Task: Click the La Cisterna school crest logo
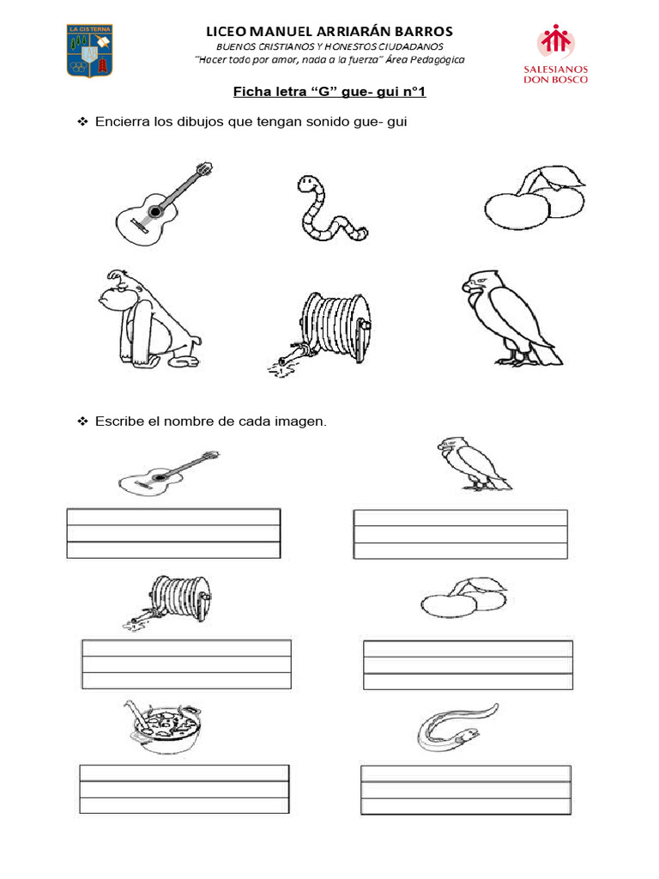[89, 51]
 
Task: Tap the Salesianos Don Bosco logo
[555, 54]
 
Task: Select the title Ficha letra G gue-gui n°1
[329, 91]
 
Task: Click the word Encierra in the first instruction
[122, 122]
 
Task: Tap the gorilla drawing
[150, 318]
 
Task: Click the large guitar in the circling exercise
[164, 203]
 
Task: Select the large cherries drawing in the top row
[535, 197]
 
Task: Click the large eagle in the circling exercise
[511, 318]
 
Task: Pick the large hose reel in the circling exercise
[322, 333]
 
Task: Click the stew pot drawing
[162, 726]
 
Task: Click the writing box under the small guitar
[173, 533]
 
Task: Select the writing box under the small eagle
[461, 534]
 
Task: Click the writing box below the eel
[466, 790]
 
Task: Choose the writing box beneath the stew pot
[184, 789]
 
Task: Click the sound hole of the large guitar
[155, 211]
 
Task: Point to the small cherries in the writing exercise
[464, 597]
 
